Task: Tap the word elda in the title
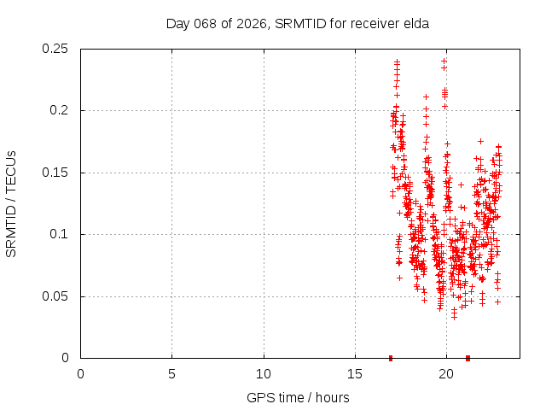[415, 23]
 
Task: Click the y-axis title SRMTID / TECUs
[12, 203]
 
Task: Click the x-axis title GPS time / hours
[298, 397]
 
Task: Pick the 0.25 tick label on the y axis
[57, 49]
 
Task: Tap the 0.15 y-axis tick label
[57, 173]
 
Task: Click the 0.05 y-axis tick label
[57, 296]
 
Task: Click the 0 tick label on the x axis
[81, 374]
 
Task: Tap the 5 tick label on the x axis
[172, 374]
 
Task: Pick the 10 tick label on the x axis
[264, 374]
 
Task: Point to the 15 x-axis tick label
[355, 374]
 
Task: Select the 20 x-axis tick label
[446, 374]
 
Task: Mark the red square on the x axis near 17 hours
[391, 358]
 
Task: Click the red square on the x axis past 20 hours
[468, 358]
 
